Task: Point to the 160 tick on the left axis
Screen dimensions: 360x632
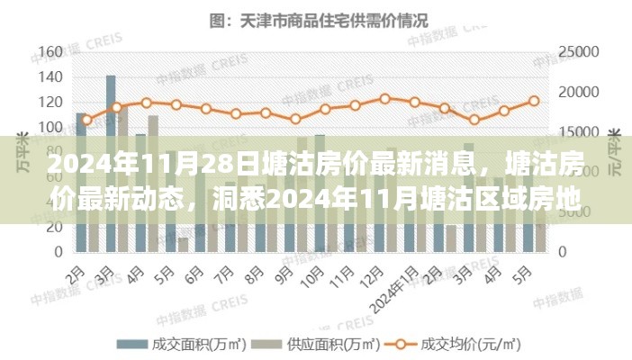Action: point(52,50)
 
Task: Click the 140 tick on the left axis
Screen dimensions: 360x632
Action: point(52,76)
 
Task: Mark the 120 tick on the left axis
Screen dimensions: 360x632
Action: point(52,102)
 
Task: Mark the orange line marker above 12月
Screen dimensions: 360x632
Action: point(385,98)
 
